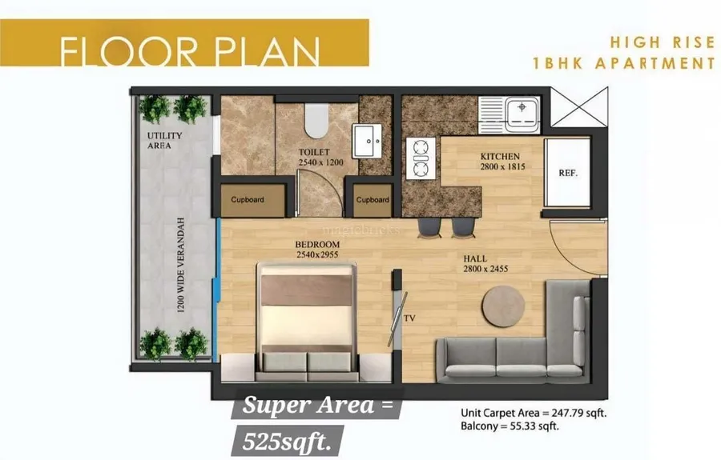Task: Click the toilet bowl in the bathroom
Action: [x=316, y=120]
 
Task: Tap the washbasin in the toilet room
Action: [x=367, y=141]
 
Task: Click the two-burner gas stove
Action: [x=421, y=158]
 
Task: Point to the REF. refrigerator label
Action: [x=568, y=173]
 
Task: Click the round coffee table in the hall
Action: [x=503, y=306]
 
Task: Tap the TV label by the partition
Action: [x=409, y=318]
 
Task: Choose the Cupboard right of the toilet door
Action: [x=373, y=200]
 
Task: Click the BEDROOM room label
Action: [x=317, y=245]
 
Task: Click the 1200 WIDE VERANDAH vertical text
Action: [x=181, y=266]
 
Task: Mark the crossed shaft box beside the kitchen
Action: [x=579, y=107]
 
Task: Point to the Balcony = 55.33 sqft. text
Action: [x=510, y=426]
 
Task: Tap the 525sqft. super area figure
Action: [x=287, y=442]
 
